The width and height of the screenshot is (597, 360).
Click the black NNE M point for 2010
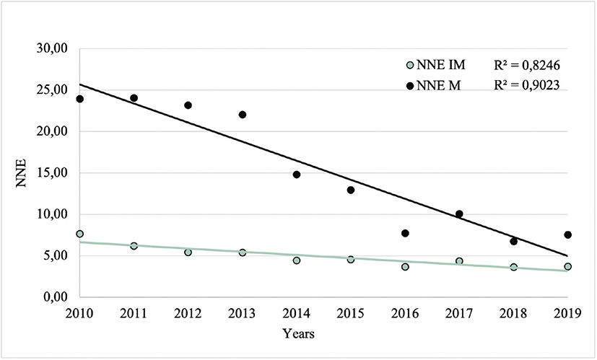pos(79,99)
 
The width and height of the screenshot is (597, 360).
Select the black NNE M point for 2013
pos(242,115)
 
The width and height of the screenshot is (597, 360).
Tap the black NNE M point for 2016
pos(405,233)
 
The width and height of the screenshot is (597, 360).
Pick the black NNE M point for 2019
pos(568,234)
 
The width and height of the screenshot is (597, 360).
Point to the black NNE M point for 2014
pos(297,175)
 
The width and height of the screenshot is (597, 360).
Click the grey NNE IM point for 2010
pos(79,234)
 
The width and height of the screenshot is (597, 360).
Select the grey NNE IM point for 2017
pos(459,261)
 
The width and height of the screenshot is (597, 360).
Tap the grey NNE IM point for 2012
pos(188,253)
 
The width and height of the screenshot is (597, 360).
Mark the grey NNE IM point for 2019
pos(568,266)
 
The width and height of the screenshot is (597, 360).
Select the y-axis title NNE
pos(22,173)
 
